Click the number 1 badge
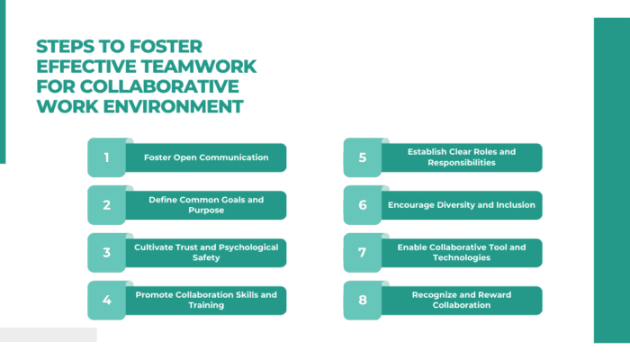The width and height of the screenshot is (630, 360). point(106,157)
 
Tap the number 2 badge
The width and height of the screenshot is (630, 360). point(106,205)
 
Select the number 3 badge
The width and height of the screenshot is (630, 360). point(106,253)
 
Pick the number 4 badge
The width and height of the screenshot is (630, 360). point(106,301)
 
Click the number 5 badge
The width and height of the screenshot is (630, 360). point(362,157)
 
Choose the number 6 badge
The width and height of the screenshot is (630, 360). point(362,205)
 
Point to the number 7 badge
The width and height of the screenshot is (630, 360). point(362,253)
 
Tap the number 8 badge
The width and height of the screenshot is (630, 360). point(362,301)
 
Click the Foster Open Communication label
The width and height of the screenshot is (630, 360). point(206,157)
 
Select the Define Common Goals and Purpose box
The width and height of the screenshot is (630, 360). point(206,205)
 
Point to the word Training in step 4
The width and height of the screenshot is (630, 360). point(206,306)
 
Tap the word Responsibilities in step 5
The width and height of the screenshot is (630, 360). point(462,164)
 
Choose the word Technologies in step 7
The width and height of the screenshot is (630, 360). point(462,258)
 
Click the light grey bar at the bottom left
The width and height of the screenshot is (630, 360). point(48,335)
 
